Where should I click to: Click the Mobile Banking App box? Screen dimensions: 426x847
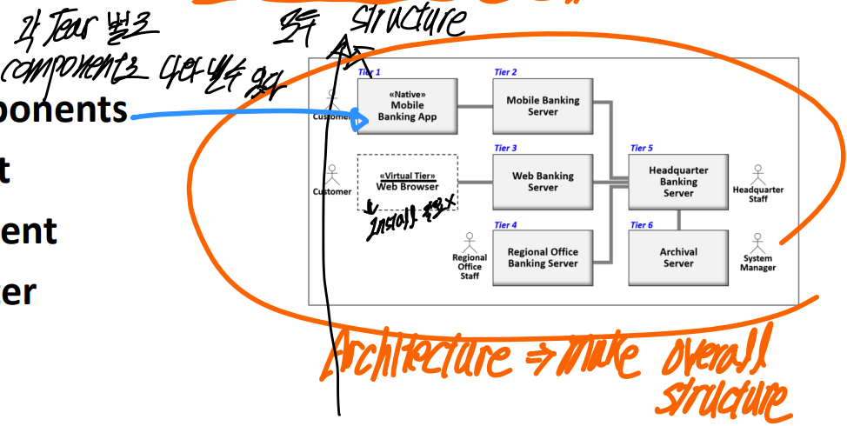point(407,107)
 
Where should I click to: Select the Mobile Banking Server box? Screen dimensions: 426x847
point(543,106)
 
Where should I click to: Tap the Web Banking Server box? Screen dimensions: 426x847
point(543,182)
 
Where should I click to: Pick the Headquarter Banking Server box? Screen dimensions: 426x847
point(678,182)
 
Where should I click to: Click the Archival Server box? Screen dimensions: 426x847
point(678,257)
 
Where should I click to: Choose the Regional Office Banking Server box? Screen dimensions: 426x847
point(543,257)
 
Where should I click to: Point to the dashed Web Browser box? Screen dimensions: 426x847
point(407,182)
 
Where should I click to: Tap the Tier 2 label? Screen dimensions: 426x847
point(505,72)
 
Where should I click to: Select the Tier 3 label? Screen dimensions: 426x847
point(505,149)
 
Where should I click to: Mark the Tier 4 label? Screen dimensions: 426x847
point(505,225)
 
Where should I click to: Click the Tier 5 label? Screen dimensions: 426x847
point(642,149)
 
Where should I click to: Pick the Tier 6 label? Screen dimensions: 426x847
point(642,225)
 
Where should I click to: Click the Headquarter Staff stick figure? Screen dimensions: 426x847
point(758,173)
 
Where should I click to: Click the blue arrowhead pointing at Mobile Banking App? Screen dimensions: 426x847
point(357,120)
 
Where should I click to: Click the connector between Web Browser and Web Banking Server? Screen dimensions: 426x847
point(475,182)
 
